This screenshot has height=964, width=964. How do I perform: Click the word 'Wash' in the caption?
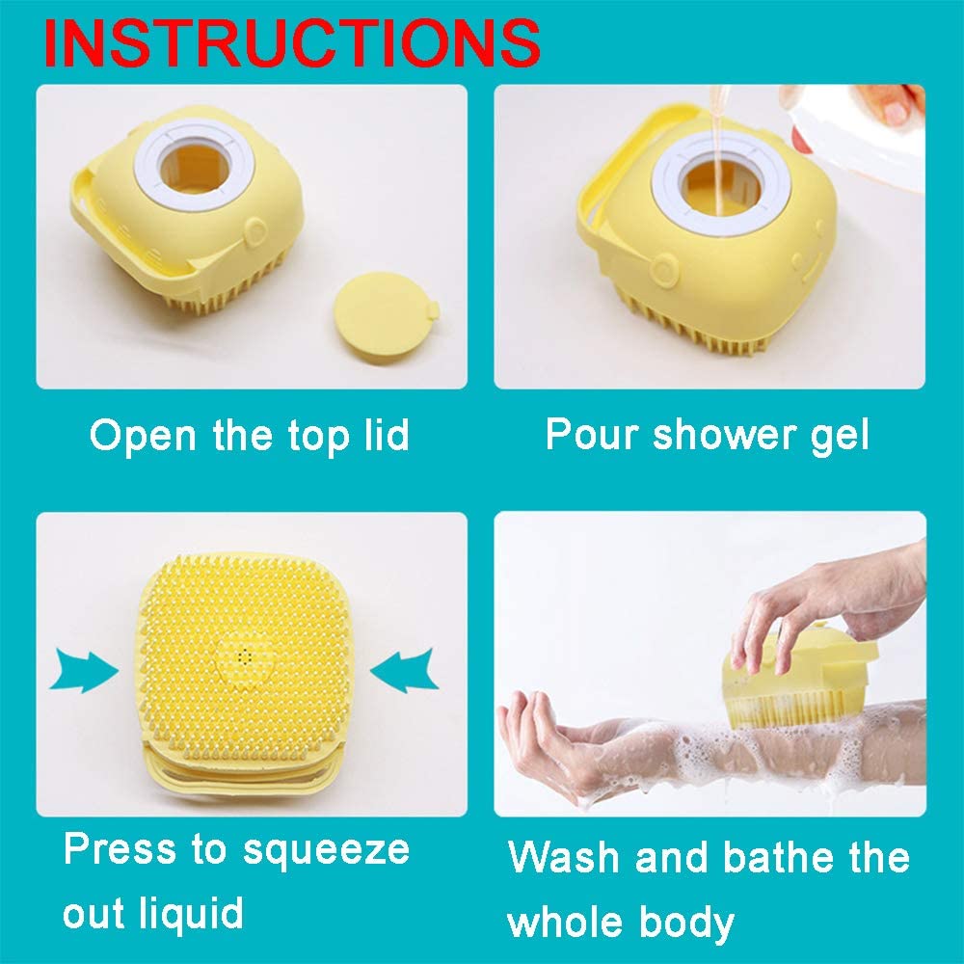click(564, 857)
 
